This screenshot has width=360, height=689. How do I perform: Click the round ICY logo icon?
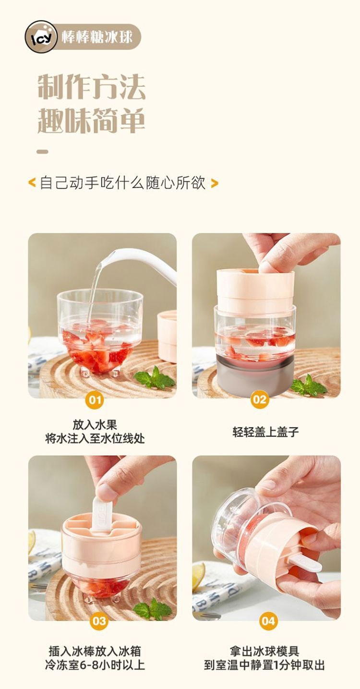click(41, 37)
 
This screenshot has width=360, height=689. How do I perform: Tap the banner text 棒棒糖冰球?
click(97, 37)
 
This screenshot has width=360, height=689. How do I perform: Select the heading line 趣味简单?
click(91, 120)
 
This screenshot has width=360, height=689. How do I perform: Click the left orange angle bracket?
click(32, 183)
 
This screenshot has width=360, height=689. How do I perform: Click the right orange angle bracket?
click(214, 183)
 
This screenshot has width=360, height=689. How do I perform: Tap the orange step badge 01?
click(95, 400)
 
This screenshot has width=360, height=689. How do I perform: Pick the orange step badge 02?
click(260, 399)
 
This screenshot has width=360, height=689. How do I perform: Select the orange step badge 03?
click(99, 621)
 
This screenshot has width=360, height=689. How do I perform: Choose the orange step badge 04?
click(268, 621)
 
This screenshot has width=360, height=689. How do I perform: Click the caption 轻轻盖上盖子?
click(265, 432)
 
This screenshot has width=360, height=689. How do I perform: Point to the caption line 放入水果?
click(95, 425)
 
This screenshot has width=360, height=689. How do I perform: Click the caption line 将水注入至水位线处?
click(95, 439)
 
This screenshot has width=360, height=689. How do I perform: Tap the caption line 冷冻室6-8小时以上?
click(95, 665)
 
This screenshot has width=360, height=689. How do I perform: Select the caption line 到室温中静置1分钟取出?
click(264, 665)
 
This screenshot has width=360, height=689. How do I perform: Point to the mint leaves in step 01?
click(155, 378)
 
